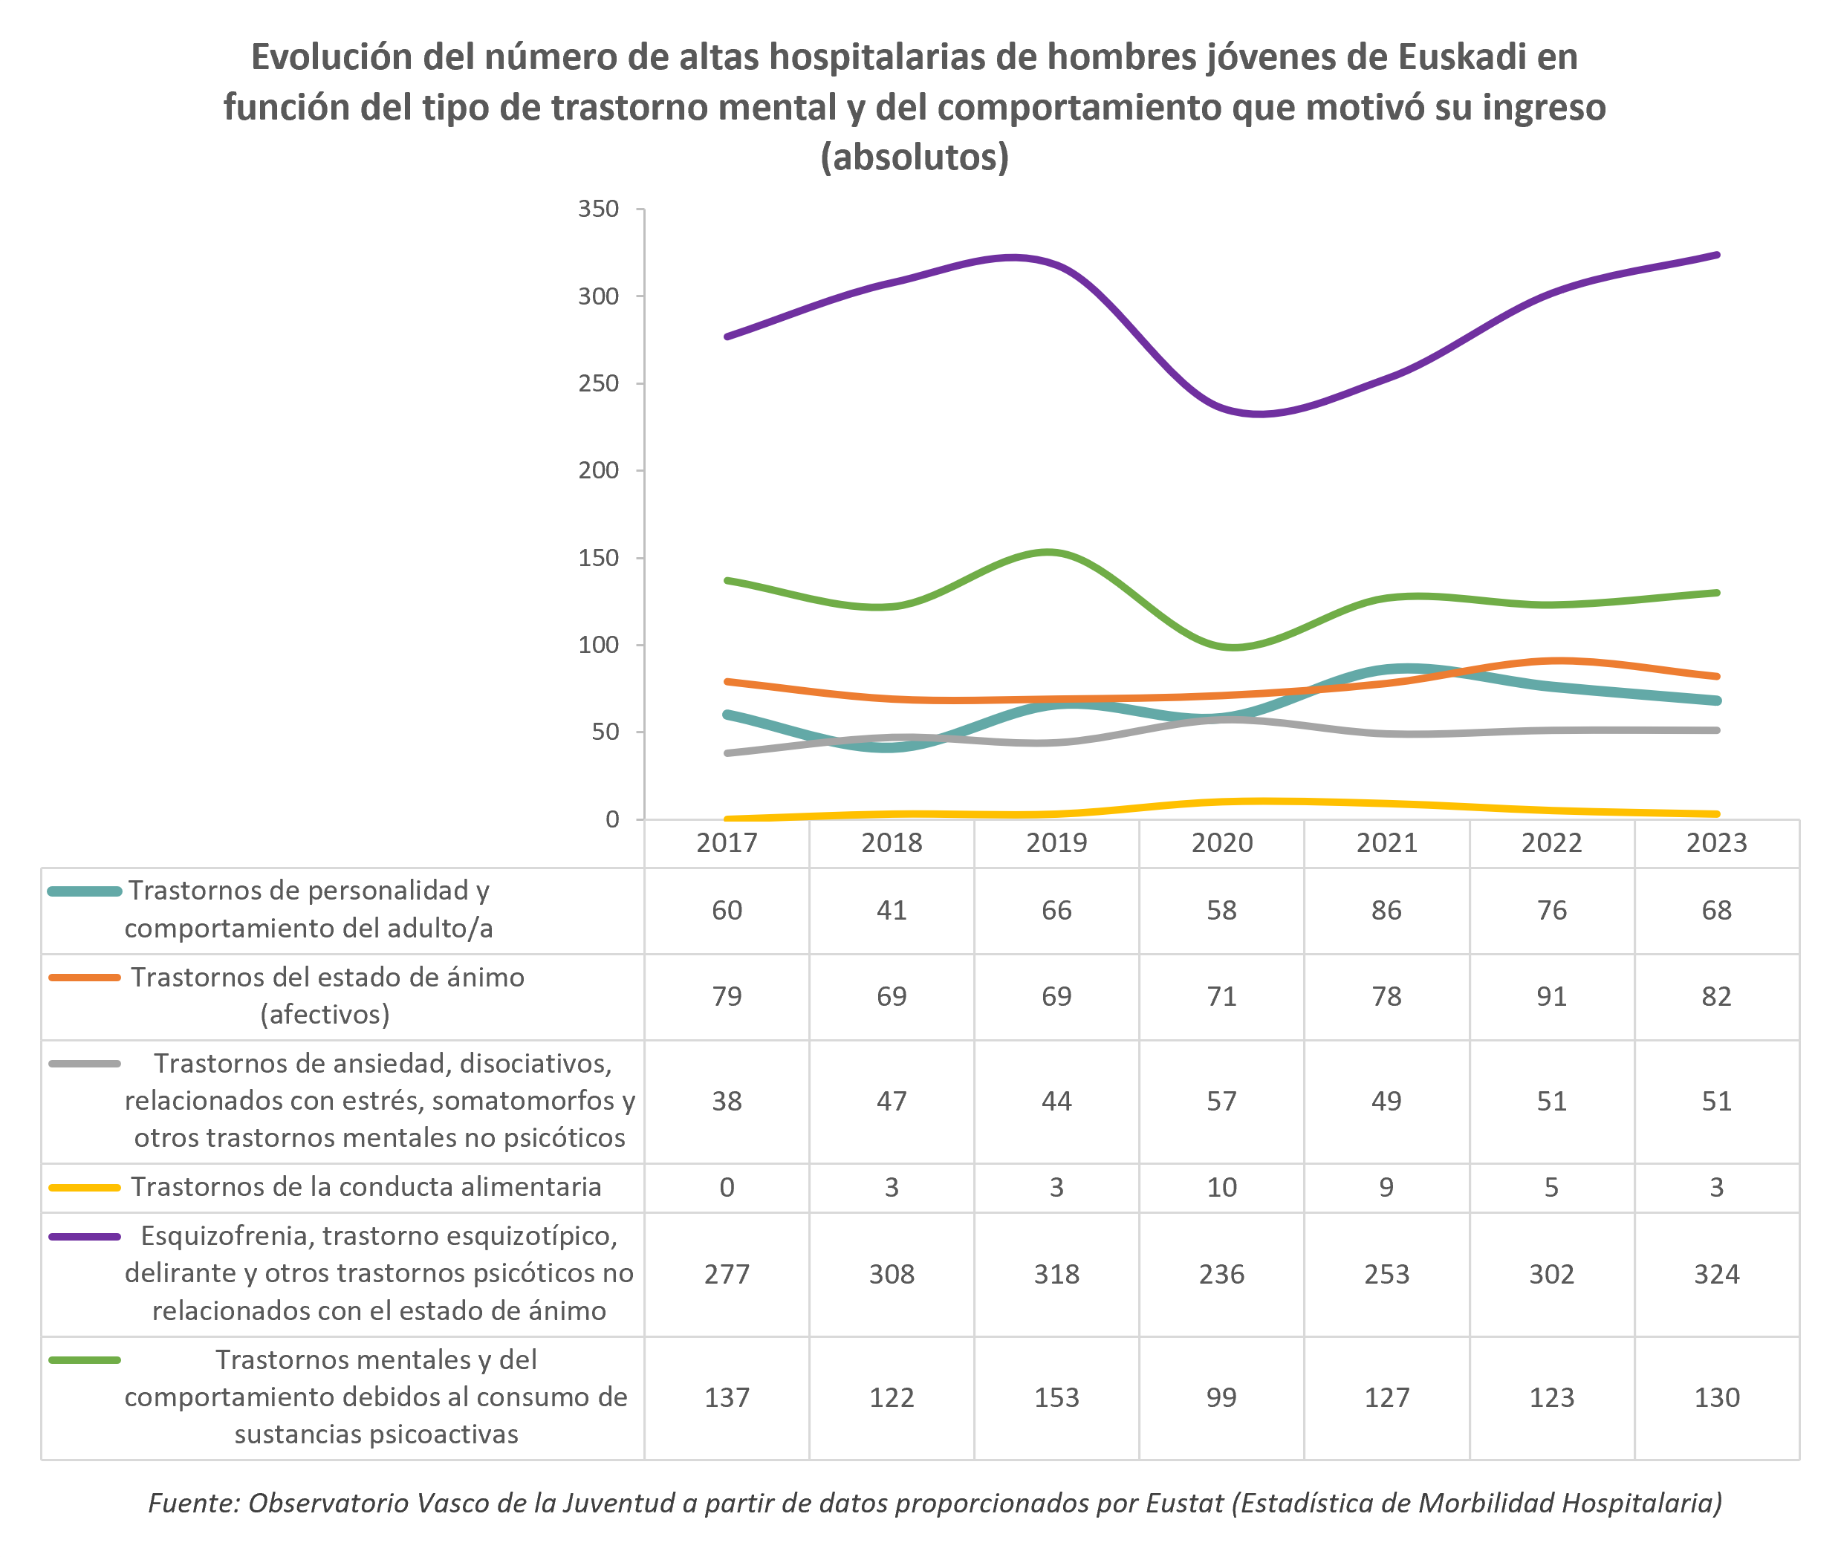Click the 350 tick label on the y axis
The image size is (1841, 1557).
click(597, 209)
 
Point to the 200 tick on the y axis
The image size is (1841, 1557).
click(597, 470)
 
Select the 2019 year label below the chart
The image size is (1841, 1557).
click(1056, 843)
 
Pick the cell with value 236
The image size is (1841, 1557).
click(1221, 1274)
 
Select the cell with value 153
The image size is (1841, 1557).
click(1056, 1397)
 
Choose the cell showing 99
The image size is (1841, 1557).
click(1221, 1397)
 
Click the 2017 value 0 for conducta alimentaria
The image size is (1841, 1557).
click(727, 1187)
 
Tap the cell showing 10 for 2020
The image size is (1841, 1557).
click(1221, 1187)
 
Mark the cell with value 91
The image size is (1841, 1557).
click(1551, 996)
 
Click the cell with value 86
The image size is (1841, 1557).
click(1386, 910)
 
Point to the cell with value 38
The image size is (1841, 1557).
click(727, 1101)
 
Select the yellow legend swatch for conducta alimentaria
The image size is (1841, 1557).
click(84, 1188)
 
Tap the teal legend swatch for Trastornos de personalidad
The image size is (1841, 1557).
click(84, 891)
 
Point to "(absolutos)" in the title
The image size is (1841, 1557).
click(915, 157)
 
